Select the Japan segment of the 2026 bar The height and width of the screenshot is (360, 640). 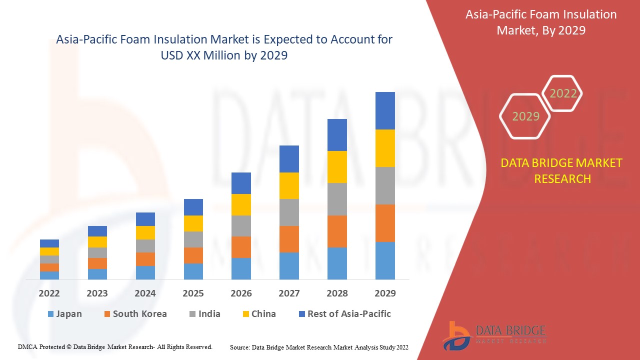[x=241, y=268]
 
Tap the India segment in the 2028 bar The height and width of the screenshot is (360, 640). [x=337, y=199]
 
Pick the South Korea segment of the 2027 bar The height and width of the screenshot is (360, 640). [x=289, y=239]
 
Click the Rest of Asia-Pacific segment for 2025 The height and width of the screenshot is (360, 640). [x=193, y=207]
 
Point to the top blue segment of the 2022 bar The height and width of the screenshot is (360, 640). [x=49, y=243]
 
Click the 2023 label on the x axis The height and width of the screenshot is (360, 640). [x=97, y=293]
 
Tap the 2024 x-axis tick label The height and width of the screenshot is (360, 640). [x=145, y=293]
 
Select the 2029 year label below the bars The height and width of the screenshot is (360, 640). [x=385, y=293]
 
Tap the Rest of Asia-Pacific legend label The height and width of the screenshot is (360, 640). [x=349, y=314]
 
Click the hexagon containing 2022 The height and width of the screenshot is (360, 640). [x=563, y=93]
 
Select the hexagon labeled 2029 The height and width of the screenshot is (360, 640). [x=525, y=116]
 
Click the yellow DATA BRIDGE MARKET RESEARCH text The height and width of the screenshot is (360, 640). [x=562, y=170]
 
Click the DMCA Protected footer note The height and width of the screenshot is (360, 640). [x=115, y=347]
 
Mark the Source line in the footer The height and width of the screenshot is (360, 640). [x=319, y=347]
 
